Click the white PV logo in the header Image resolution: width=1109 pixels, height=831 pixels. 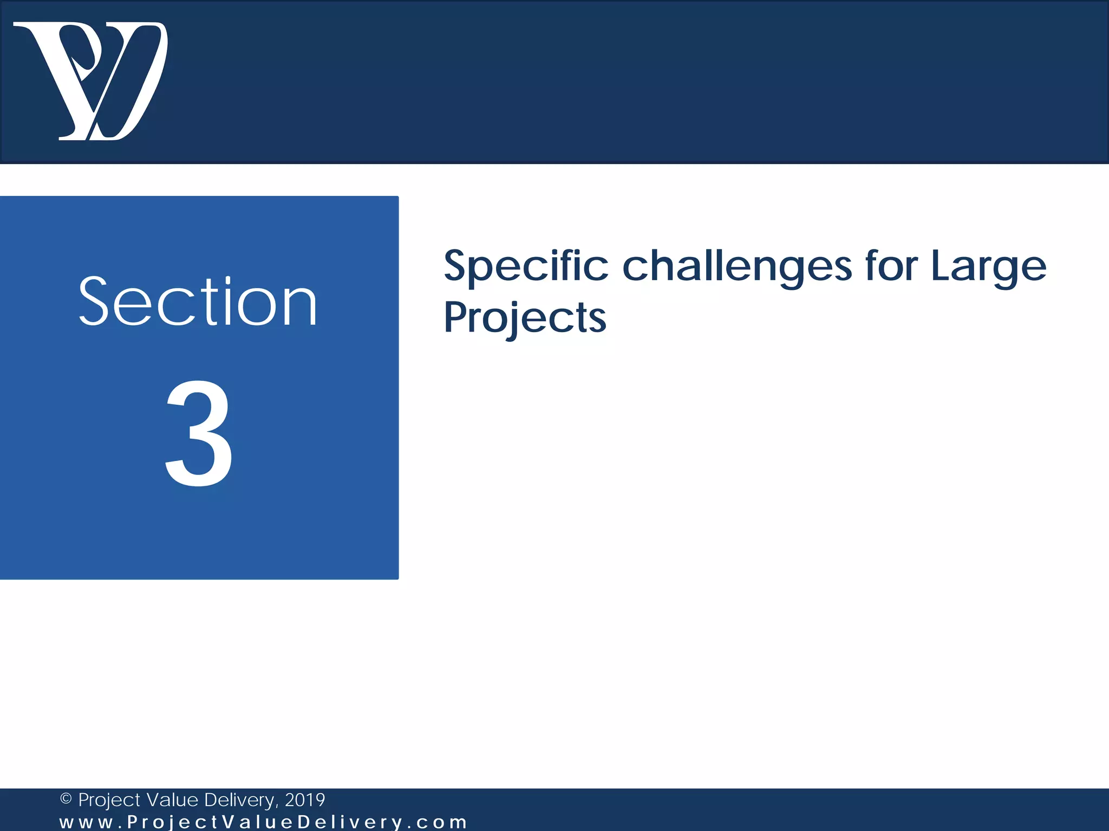coord(91,81)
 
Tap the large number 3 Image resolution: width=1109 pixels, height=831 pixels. coord(199,433)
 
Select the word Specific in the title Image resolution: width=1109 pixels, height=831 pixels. coord(526,266)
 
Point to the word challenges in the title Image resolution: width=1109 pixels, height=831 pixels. coord(737,266)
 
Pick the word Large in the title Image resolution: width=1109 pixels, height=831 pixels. coord(989,266)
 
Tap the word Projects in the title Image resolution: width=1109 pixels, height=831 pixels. coord(525,318)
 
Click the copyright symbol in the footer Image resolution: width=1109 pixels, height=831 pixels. coord(66,799)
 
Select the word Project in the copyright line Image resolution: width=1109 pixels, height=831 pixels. coord(110,800)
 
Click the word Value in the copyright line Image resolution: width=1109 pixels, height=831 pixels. coord(172,800)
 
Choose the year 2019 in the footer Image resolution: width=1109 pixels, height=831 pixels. coord(305,800)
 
